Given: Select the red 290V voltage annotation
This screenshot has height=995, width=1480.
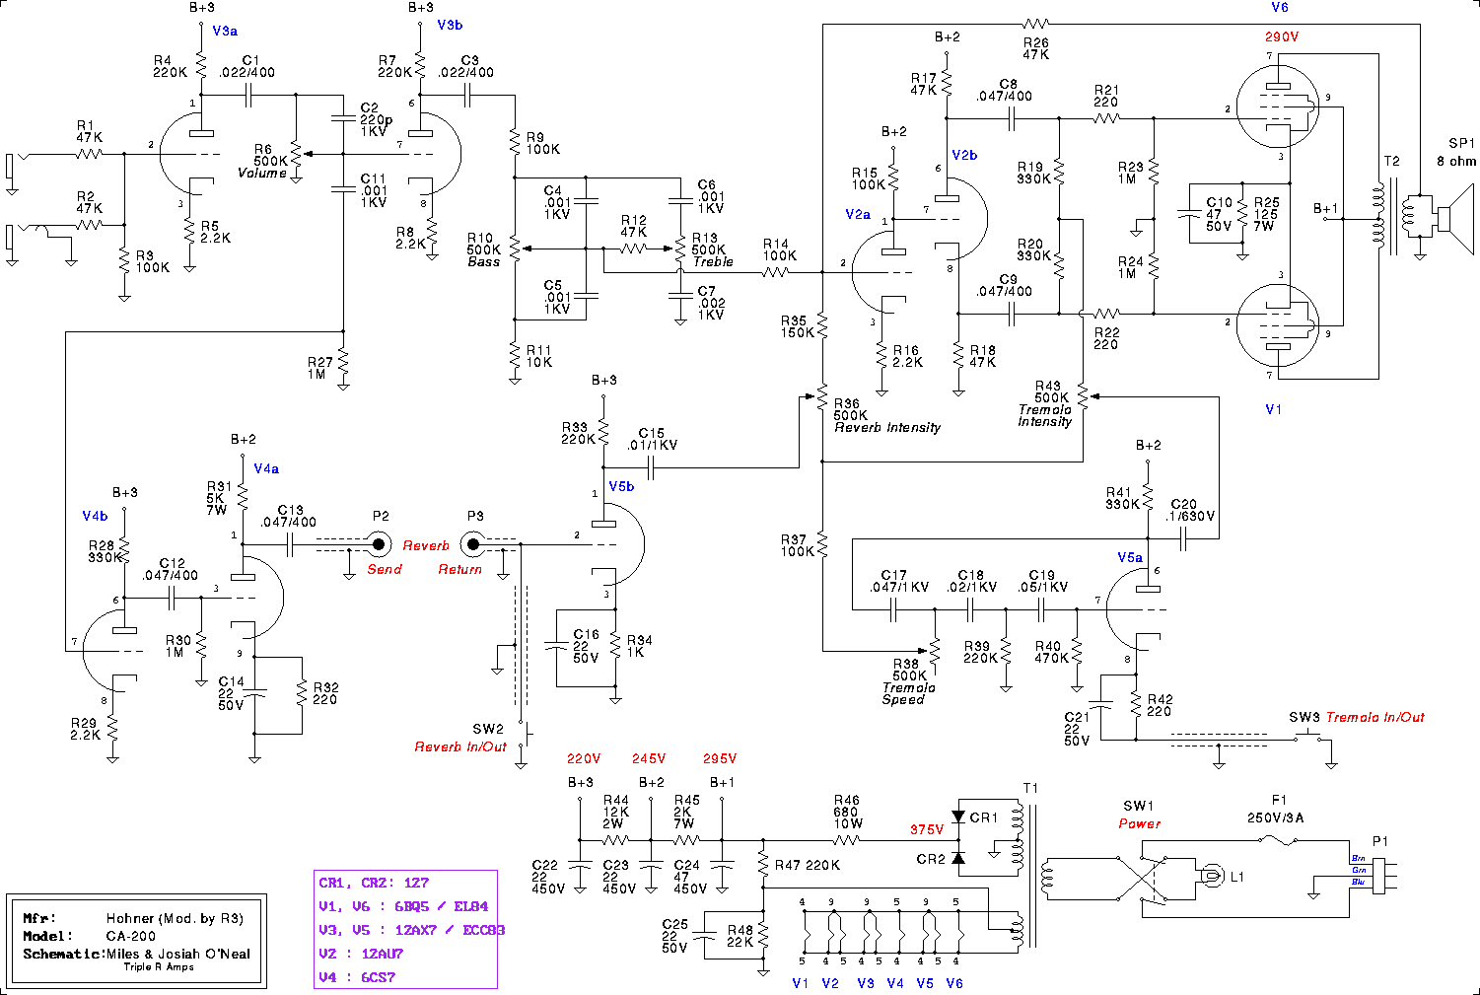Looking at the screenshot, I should click(1282, 37).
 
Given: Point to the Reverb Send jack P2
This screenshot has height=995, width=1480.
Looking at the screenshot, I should click(379, 543).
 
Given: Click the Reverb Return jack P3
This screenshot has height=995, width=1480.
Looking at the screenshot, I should click(473, 543).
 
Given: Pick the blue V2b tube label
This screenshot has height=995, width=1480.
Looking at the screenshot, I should click(964, 156).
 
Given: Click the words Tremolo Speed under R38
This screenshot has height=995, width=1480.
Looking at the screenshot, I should click(908, 693).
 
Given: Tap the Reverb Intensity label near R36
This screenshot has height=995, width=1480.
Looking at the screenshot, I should click(887, 428).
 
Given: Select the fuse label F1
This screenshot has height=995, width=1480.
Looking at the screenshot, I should click(1279, 801).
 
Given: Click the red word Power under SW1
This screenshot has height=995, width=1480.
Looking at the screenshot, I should click(1139, 823).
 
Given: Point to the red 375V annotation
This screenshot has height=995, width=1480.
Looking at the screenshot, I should click(927, 830).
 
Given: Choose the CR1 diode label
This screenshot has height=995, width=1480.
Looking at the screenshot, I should click(984, 817).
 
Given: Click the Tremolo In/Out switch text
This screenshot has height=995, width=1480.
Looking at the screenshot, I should click(1374, 717).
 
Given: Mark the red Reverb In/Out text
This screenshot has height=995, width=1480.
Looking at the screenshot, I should click(460, 746).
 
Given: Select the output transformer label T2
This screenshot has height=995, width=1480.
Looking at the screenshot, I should click(1391, 162).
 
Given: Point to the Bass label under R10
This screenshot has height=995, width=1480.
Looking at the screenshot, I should click(483, 261).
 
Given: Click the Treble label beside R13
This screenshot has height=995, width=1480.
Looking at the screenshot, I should click(713, 261).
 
